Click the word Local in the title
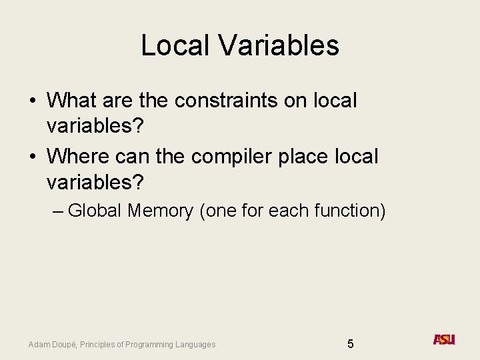click(x=175, y=45)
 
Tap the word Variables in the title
click(x=279, y=45)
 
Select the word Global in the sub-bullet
click(x=95, y=211)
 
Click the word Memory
click(x=160, y=211)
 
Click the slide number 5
click(x=351, y=344)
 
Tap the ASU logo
click(x=444, y=339)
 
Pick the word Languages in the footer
click(x=196, y=345)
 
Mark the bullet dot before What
click(x=33, y=101)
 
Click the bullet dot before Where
click(x=33, y=157)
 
